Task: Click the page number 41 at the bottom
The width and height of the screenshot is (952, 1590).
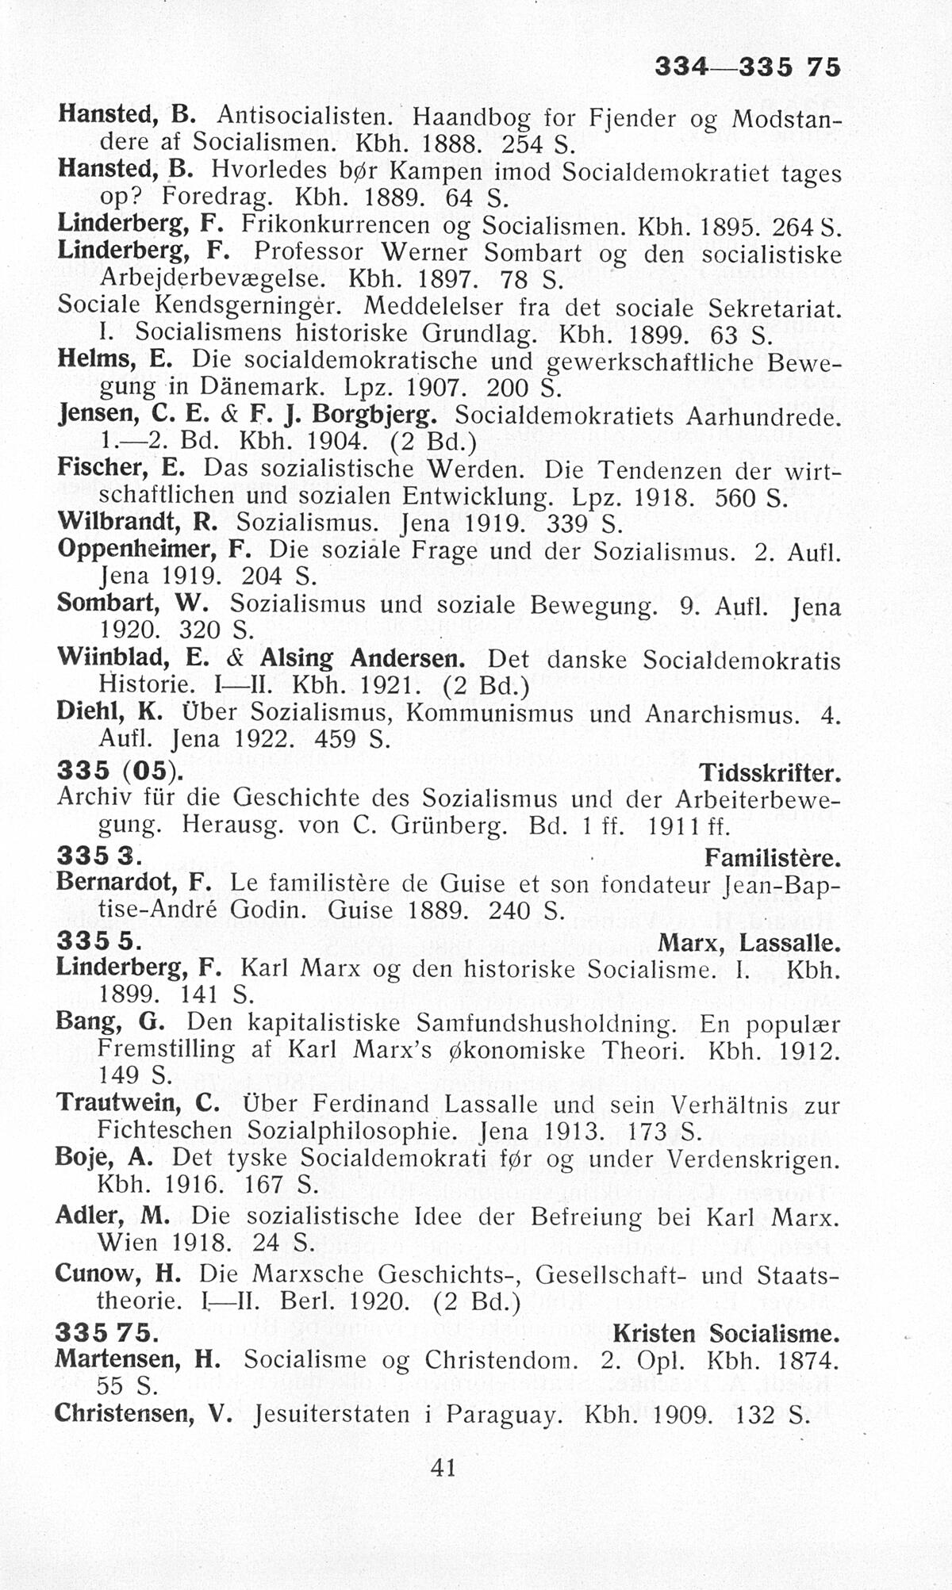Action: (x=443, y=1468)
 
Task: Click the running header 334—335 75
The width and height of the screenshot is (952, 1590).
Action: (x=747, y=68)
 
